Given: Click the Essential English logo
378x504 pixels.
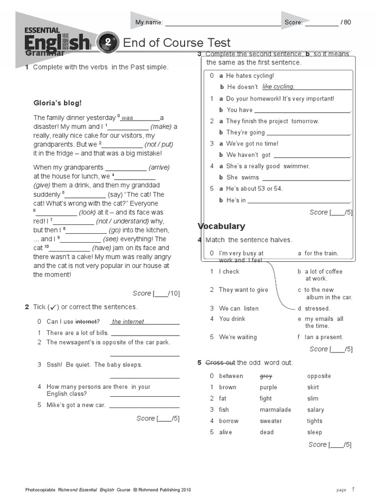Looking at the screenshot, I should click(x=57, y=40).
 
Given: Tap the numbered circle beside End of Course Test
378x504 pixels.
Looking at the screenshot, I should click(x=107, y=43).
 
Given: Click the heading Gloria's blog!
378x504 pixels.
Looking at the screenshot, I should click(x=58, y=103).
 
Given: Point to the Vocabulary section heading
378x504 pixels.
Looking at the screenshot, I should click(x=221, y=226).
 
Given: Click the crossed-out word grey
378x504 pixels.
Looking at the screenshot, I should click(x=266, y=376).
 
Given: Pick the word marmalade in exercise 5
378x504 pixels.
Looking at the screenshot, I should click(x=275, y=409).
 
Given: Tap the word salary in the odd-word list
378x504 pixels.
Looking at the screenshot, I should click(x=315, y=409).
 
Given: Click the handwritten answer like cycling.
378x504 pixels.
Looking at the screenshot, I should click(x=278, y=87).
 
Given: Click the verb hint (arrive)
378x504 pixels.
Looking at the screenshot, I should click(x=159, y=167).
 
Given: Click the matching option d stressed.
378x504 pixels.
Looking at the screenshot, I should click(x=314, y=309).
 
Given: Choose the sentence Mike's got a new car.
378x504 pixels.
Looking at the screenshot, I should click(x=76, y=405).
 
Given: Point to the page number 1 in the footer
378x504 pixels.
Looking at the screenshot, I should click(x=353, y=489).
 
